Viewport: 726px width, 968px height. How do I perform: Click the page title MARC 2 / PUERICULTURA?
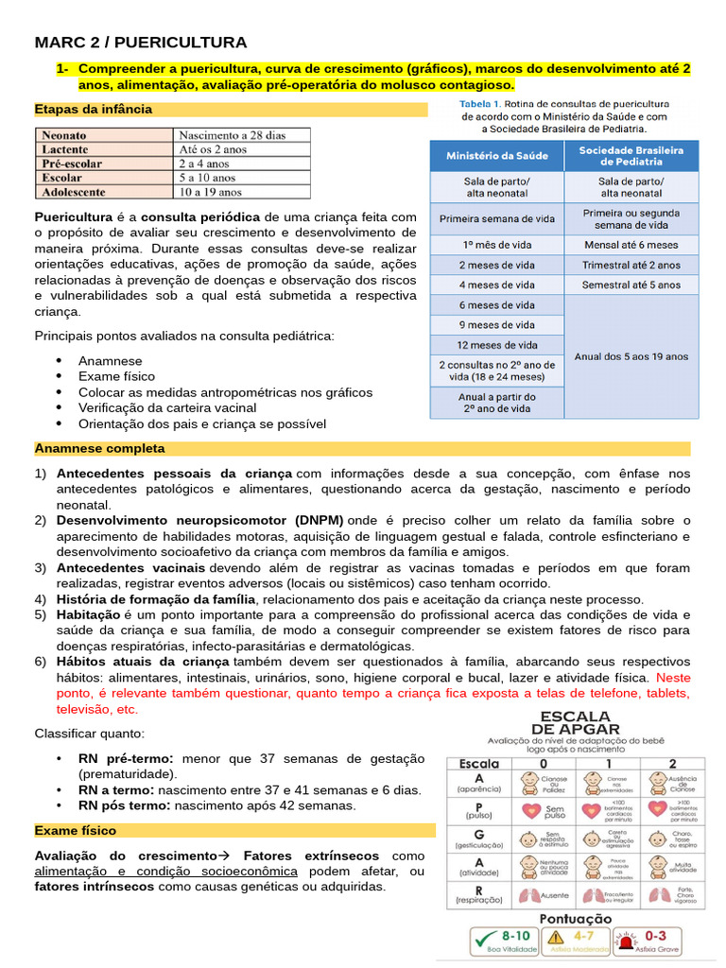coord(141,43)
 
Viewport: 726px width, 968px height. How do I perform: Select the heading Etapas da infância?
coord(93,109)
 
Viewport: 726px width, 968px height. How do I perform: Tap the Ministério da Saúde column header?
coord(495,155)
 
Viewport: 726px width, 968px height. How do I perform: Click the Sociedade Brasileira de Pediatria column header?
coord(631,155)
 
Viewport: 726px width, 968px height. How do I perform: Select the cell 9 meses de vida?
coord(496,325)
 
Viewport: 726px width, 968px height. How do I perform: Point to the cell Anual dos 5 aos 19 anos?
coord(631,356)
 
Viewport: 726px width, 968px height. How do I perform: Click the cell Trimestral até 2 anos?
coord(631,265)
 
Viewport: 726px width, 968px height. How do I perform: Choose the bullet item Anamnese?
coord(111,361)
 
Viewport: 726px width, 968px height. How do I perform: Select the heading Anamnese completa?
coord(99,448)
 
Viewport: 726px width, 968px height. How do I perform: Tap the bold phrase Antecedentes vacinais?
coord(130,568)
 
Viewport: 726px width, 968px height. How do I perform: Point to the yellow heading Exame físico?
coord(76,831)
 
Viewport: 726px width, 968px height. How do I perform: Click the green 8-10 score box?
coord(506,941)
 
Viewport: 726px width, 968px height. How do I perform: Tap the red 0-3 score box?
coord(647,941)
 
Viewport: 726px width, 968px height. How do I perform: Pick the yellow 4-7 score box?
coord(576,941)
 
